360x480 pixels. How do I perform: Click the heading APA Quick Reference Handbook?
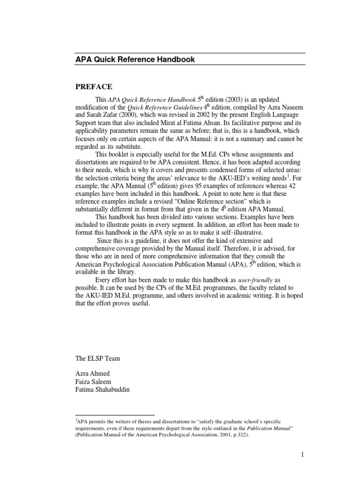point(135,60)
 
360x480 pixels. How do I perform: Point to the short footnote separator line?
point(115,415)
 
